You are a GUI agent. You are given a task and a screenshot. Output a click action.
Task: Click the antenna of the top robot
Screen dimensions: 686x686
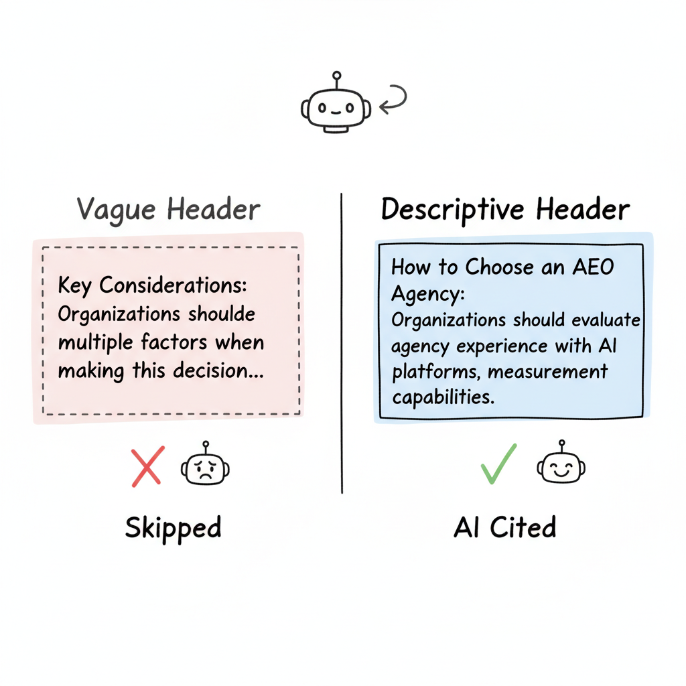[336, 78]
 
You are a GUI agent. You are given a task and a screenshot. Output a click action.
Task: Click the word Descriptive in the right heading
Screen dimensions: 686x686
[453, 210]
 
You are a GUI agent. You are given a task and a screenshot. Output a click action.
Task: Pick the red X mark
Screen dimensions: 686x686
[147, 466]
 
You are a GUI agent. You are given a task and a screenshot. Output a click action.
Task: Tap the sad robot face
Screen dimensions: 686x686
[205, 468]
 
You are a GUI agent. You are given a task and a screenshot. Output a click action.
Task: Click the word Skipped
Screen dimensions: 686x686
[173, 528]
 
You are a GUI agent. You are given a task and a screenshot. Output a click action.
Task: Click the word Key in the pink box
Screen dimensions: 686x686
[75, 285]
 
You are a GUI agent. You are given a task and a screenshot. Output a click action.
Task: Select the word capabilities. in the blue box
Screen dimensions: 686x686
[443, 397]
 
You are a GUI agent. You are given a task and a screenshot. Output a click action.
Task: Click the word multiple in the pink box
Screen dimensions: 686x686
[96, 342]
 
